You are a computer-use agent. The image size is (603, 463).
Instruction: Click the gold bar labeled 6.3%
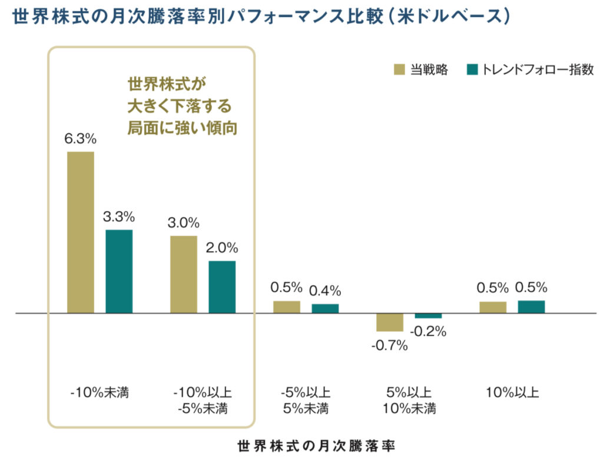[x=81, y=232]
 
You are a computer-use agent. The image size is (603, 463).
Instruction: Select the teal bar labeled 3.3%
[x=119, y=271]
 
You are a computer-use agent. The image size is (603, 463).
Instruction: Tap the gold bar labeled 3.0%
[x=184, y=274]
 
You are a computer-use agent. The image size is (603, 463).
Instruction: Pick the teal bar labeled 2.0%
[x=222, y=287]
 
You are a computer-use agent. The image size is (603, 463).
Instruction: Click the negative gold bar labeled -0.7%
[x=390, y=322]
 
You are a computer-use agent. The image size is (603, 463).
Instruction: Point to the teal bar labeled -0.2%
[x=428, y=316]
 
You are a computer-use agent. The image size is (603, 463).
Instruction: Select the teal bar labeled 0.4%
[x=325, y=308]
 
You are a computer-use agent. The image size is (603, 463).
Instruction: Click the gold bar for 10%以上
[x=493, y=307]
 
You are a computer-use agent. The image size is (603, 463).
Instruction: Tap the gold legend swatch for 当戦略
[x=399, y=69]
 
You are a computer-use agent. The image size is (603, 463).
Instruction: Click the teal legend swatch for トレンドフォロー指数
[x=471, y=69]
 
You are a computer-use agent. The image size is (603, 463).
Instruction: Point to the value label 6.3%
[x=81, y=139]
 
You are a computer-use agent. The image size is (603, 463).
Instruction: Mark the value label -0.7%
[x=390, y=345]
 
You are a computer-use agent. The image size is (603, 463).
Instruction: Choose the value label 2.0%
[x=222, y=248]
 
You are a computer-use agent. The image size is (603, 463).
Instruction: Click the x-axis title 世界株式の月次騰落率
[x=316, y=445]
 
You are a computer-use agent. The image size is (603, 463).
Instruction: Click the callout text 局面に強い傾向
[x=182, y=128]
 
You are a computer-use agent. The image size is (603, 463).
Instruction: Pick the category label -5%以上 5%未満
[x=304, y=400]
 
